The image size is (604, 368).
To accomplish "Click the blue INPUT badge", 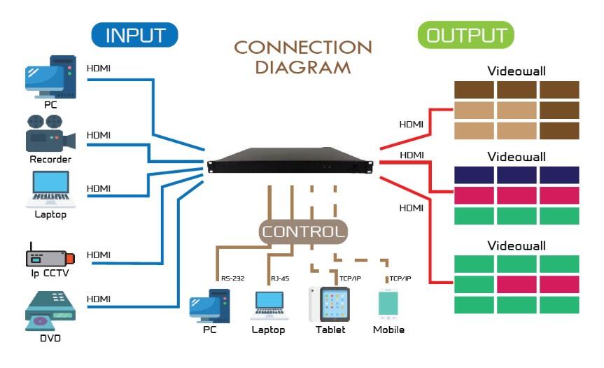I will pos(134,35).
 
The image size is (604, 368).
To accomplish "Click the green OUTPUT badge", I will pos(465,35).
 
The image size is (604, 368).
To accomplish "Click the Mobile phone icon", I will pos(388,306).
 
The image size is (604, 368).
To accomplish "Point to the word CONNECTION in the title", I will pos(302,48).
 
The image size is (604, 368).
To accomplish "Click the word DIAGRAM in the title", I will pos(302,68).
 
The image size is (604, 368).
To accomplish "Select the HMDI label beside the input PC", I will pos(98,69).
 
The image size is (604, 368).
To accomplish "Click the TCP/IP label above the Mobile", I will pos(400,278).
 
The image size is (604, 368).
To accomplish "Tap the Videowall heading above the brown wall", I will pos(517,71).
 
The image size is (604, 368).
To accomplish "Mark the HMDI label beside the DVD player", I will pos(98,299).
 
